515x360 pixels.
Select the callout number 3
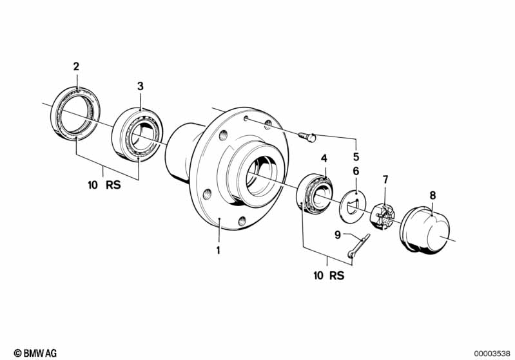pyautogui.click(x=140, y=86)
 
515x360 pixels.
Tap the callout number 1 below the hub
pyautogui.click(x=219, y=250)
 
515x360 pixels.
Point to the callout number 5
pyautogui.click(x=356, y=156)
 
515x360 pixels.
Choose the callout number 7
pyautogui.click(x=385, y=178)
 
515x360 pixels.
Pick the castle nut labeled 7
pyautogui.click(x=383, y=215)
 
